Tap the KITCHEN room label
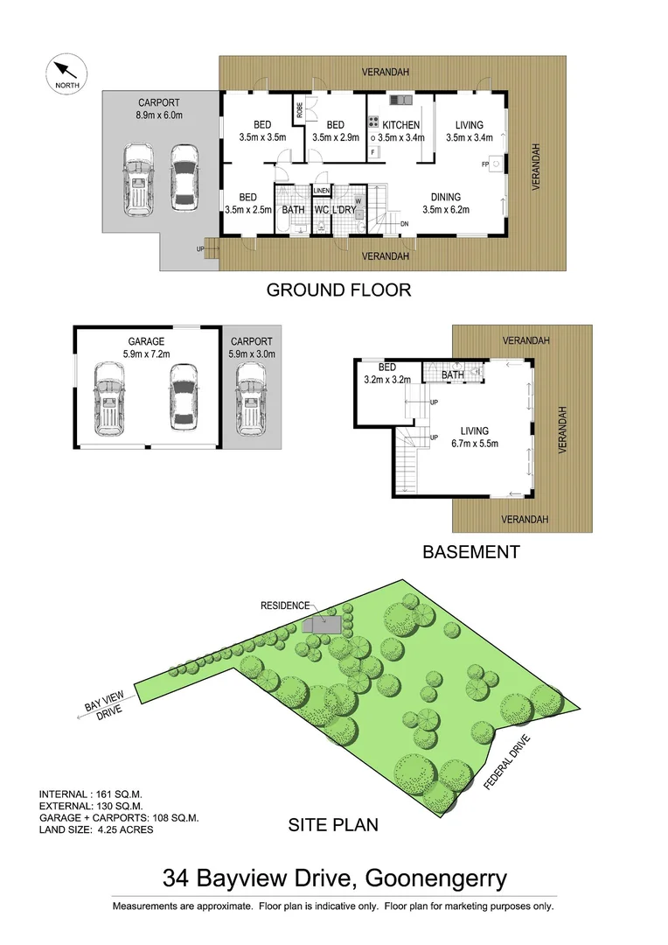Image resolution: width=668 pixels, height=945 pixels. tap(400, 125)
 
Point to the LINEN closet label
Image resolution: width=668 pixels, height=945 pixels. tap(321, 190)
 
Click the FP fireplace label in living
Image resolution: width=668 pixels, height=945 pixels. tap(484, 164)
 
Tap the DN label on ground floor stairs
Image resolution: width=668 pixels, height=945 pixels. tap(404, 224)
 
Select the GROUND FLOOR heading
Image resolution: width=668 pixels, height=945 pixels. tap(337, 290)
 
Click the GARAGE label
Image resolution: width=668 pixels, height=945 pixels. tap(145, 342)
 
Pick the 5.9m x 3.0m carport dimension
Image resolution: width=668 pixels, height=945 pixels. tap(251, 354)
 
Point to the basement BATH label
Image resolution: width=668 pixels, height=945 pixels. tap(452, 375)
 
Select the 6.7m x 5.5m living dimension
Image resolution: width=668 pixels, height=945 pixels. tap(475, 444)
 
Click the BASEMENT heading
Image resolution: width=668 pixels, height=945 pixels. tap(470, 552)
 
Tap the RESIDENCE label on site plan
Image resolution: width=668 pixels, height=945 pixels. tap(285, 605)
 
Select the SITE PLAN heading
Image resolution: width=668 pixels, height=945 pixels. tap(333, 824)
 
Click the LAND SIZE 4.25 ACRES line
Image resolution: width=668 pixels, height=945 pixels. tap(96, 829)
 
